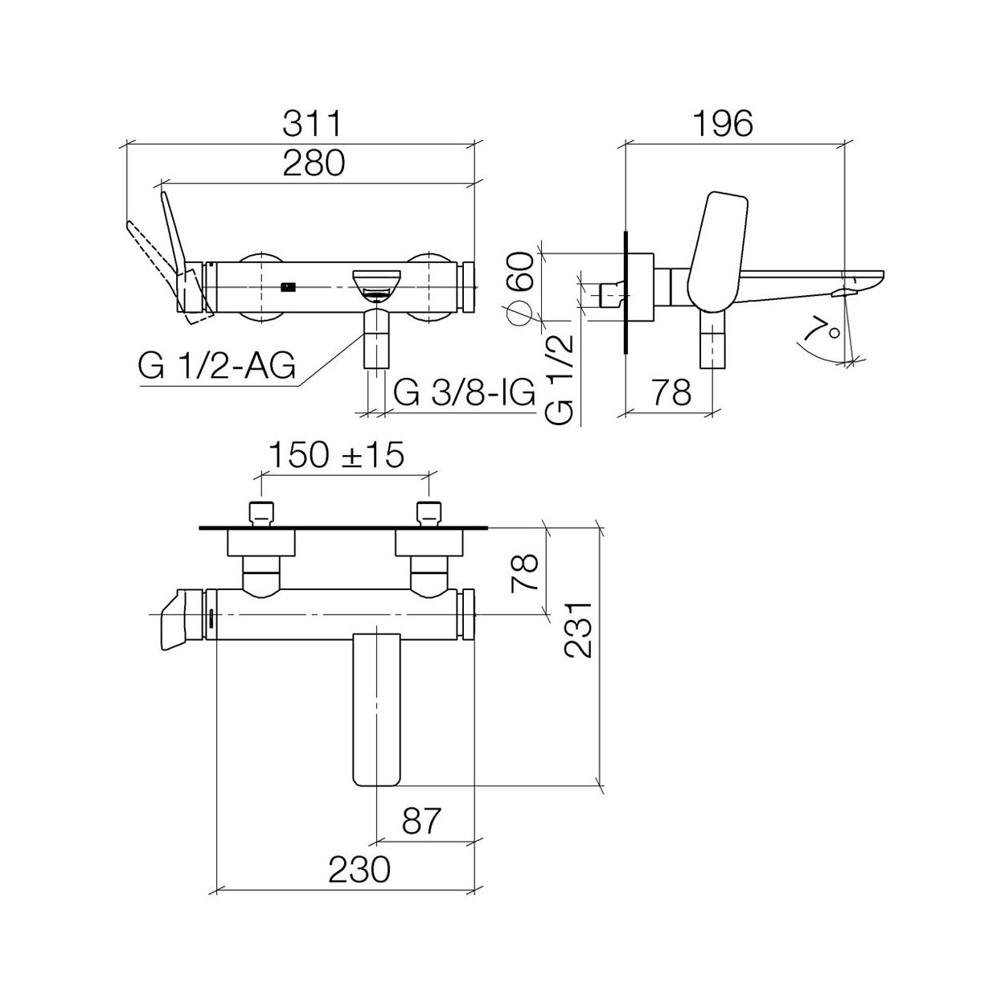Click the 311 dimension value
(311, 124)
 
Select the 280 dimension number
(314, 162)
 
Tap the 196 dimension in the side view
(723, 124)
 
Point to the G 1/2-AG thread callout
(216, 366)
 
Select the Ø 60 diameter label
(519, 289)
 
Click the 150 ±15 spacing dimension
(336, 454)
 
